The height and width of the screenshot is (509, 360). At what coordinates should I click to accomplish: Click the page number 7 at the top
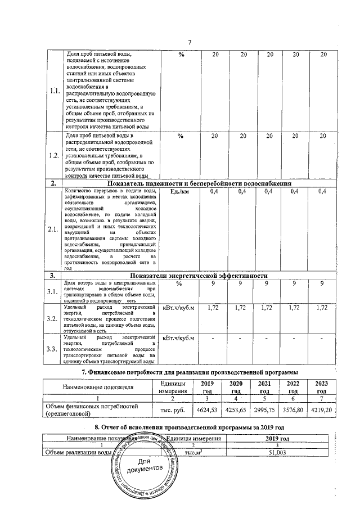(190, 43)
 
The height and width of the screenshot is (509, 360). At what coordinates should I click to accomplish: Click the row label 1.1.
(55, 92)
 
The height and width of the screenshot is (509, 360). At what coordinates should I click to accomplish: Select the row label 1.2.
(55, 156)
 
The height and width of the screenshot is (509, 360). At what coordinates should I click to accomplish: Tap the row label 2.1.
(55, 229)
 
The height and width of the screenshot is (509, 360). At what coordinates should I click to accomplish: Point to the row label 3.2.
(55, 319)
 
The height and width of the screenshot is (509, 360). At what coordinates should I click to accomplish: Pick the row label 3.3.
(55, 349)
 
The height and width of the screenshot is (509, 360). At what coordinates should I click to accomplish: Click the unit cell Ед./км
(181, 192)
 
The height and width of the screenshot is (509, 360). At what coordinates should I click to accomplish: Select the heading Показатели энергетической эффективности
(199, 276)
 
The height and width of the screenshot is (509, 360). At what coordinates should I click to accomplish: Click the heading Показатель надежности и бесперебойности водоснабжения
(199, 183)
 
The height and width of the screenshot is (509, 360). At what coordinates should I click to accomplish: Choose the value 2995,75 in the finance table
(264, 409)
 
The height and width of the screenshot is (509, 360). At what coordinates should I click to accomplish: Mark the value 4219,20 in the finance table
(321, 409)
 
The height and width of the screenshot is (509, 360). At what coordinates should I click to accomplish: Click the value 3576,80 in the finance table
(292, 409)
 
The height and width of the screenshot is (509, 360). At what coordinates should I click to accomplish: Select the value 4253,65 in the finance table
(236, 409)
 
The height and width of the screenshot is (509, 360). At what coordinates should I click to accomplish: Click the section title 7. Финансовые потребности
(189, 372)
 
